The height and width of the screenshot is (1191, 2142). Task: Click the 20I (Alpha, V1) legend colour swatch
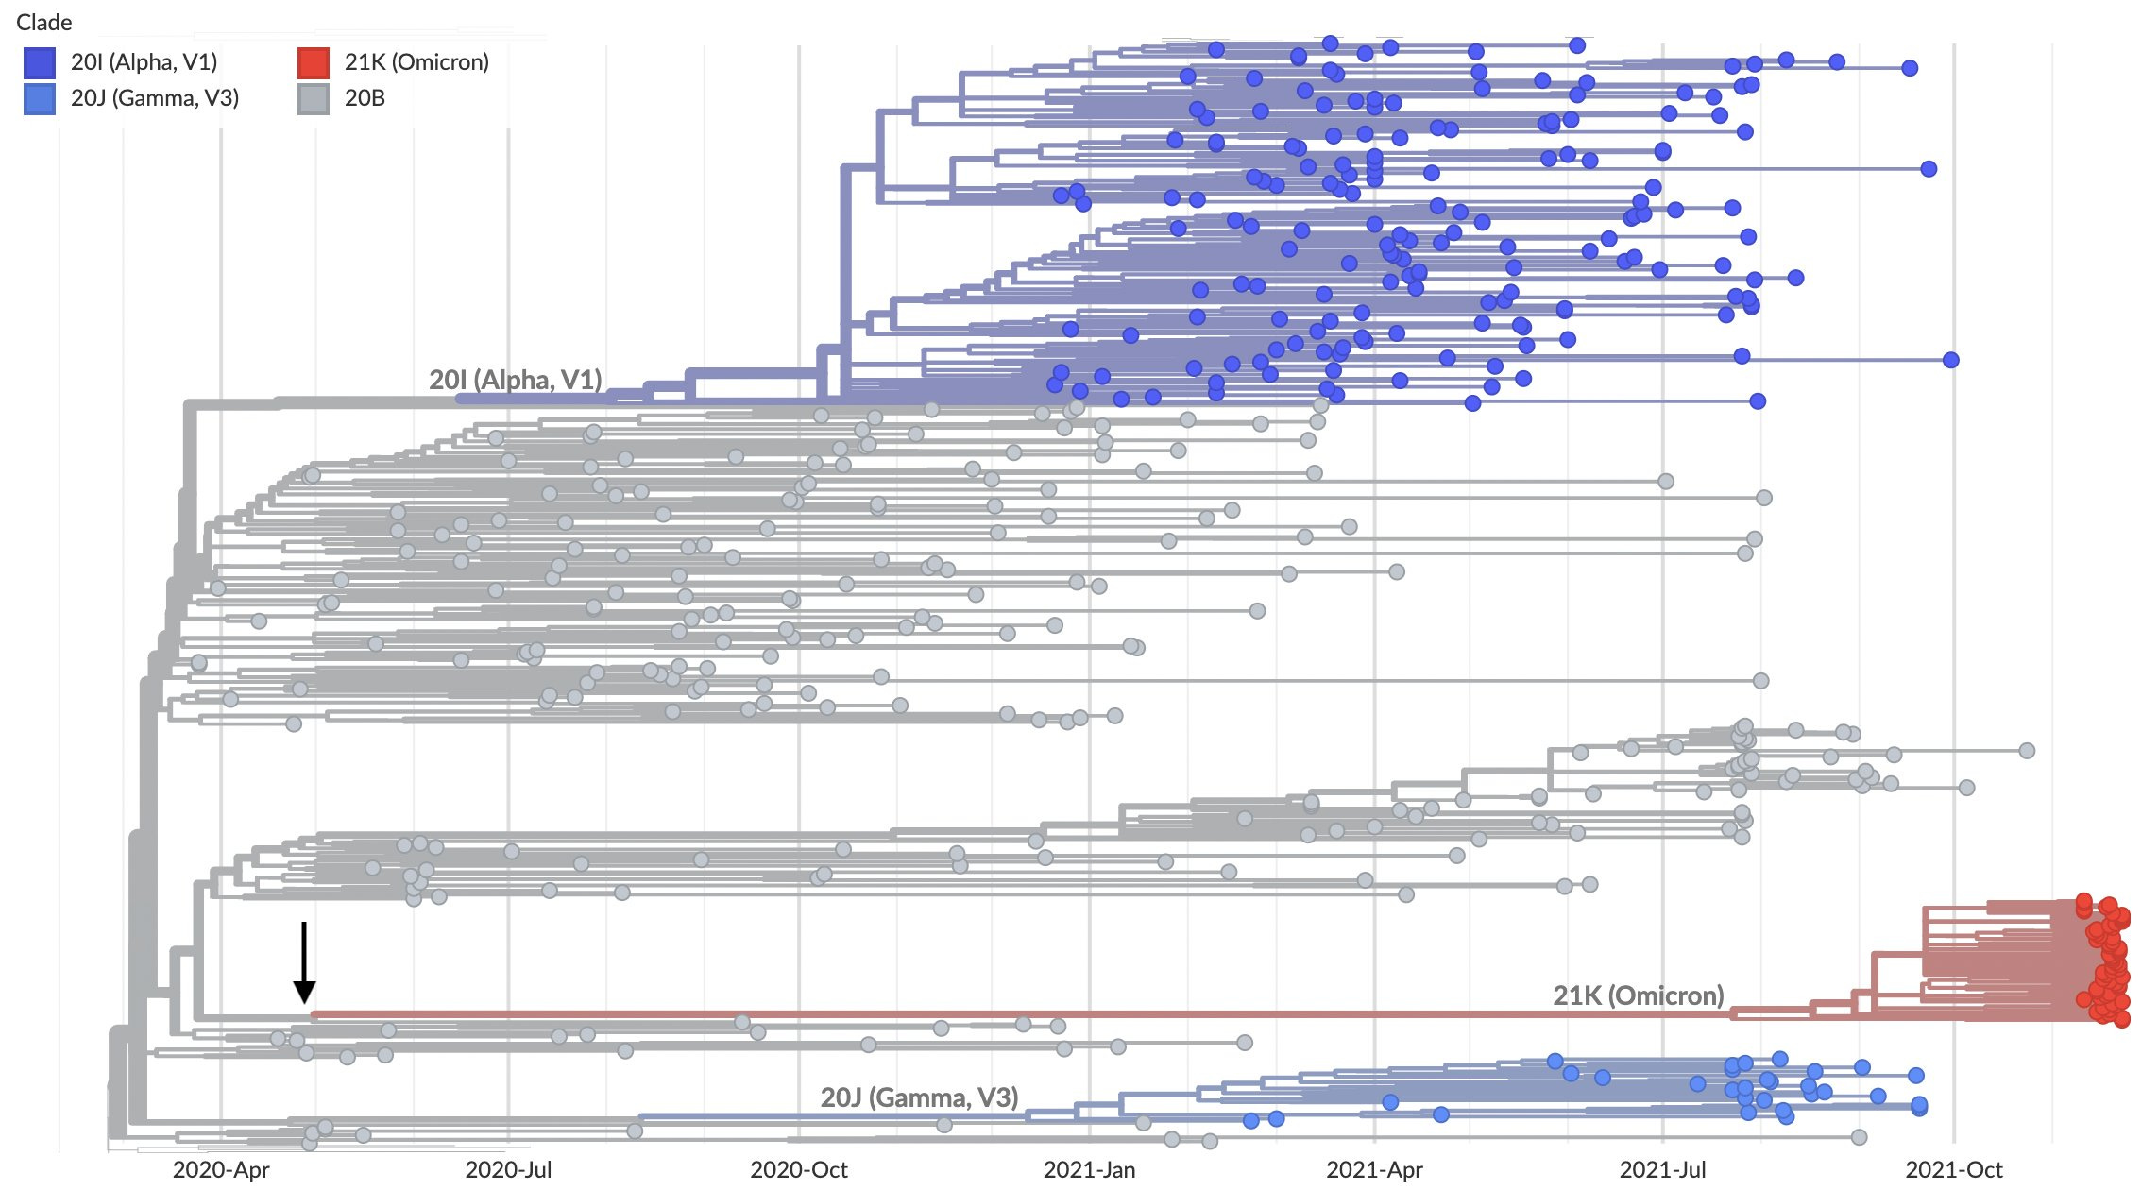click(x=40, y=63)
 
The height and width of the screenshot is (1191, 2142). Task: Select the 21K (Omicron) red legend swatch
click(x=314, y=63)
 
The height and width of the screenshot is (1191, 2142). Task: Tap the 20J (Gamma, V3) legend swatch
click(x=40, y=98)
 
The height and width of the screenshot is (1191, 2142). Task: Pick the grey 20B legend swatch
click(x=314, y=98)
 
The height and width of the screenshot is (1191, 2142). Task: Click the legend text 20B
click(x=365, y=98)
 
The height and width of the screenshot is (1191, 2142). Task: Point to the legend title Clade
click(x=44, y=22)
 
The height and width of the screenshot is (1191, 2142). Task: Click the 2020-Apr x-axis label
click(x=221, y=1170)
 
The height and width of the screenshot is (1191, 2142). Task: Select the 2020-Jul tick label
click(x=508, y=1170)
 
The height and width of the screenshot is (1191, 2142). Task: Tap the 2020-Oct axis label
click(x=799, y=1170)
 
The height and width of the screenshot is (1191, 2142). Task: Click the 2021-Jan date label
click(x=1089, y=1170)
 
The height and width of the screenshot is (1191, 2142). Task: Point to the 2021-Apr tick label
click(x=1374, y=1170)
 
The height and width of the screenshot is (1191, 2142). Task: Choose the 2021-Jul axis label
click(x=1662, y=1170)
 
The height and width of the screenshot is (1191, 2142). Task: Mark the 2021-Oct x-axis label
click(x=1953, y=1170)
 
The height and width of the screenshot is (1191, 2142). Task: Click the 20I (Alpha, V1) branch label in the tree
click(x=516, y=380)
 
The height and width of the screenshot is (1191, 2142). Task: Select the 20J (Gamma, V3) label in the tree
click(x=919, y=1097)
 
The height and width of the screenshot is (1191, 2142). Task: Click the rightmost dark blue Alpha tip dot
click(x=1951, y=360)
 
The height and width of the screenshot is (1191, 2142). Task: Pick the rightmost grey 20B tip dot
click(x=2027, y=751)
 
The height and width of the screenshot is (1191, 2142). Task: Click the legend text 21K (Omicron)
click(x=416, y=62)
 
